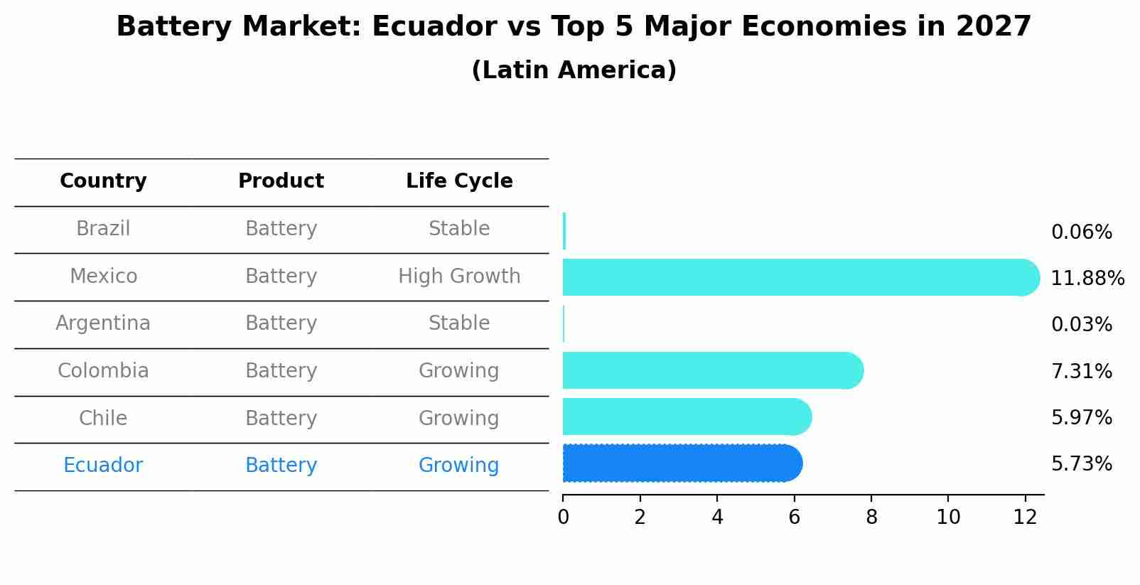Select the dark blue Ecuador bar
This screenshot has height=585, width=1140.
682,463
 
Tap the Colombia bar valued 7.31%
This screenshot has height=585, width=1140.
711,370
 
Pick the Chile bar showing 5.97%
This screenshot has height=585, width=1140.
686,417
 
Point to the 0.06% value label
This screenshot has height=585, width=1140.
1081,232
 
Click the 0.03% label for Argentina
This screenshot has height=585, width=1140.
1081,325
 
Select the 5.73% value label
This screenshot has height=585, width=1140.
1081,464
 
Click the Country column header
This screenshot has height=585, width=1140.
103,181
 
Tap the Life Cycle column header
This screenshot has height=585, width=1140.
459,181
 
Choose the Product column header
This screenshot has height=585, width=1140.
281,181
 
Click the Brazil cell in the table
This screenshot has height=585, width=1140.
103,229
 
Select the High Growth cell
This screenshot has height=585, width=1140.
459,277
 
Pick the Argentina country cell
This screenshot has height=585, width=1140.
103,323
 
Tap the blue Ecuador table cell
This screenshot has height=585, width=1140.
103,466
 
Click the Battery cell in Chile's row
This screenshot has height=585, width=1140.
281,418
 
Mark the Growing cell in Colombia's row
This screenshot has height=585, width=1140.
459,371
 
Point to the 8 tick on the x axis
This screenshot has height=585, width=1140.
871,517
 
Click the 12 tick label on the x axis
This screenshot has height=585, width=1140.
1025,517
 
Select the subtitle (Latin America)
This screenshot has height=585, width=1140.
574,70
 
